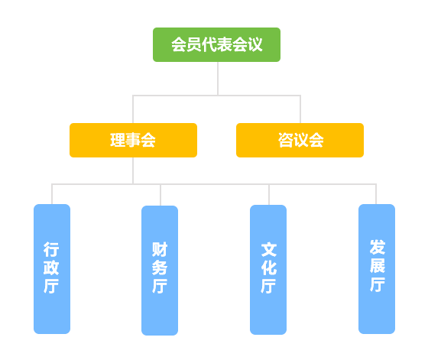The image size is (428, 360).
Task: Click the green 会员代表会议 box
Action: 216,44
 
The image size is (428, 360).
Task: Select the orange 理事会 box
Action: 133,140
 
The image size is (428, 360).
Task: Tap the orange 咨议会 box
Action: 300,140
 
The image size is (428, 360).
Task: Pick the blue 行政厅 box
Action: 52,269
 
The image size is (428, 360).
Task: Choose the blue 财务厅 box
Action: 160,271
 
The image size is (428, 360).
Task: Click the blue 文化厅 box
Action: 268,270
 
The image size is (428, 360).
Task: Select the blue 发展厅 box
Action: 377,269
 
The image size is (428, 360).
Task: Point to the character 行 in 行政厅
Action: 51,249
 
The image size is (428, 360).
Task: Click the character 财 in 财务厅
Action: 160,249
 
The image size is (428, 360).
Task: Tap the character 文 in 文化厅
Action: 269,249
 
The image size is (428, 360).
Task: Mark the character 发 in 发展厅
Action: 378,248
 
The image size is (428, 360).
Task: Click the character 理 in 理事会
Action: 118,140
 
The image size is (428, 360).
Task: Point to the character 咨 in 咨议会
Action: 286,140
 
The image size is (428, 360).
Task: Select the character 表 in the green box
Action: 225,44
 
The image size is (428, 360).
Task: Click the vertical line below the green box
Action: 218,79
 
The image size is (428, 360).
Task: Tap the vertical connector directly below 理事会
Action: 133,170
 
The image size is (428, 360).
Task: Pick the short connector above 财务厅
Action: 160,195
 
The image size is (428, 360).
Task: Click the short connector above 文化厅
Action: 269,195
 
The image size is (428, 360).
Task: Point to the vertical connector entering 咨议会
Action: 300,109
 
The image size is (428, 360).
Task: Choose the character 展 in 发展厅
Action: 378,265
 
